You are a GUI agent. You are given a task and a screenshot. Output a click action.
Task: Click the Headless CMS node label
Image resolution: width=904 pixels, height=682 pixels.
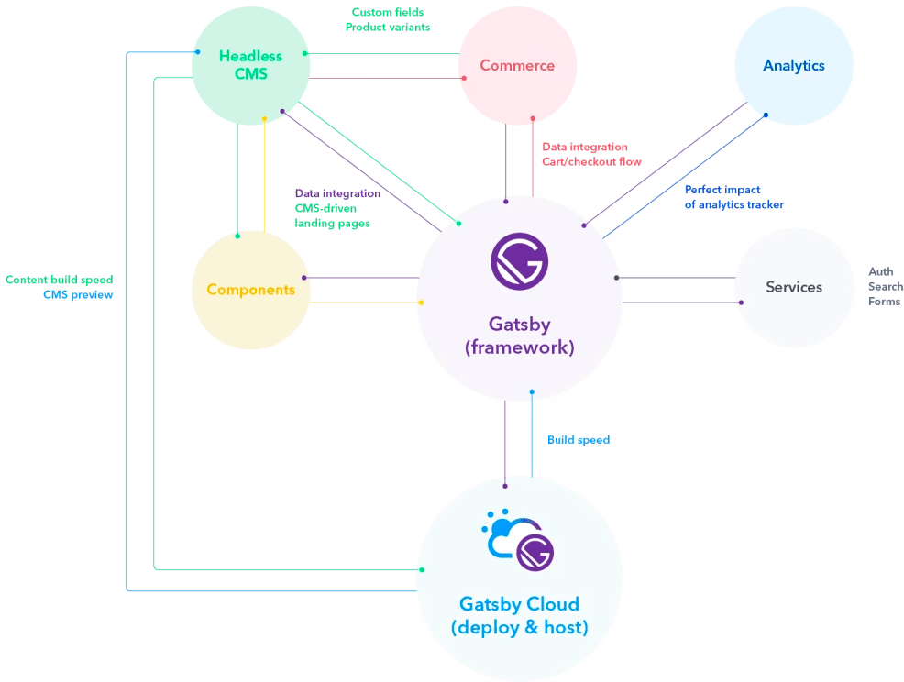(250, 65)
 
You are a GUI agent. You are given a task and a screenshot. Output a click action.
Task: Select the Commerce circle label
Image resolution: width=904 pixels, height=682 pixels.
(517, 65)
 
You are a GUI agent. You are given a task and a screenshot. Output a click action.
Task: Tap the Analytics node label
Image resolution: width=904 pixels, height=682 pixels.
(794, 65)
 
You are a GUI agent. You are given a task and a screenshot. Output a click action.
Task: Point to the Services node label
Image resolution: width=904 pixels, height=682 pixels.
(794, 287)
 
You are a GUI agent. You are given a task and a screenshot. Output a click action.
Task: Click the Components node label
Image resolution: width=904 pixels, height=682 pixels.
(250, 290)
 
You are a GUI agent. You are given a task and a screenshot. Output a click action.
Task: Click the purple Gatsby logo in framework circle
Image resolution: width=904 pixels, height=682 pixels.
(519, 261)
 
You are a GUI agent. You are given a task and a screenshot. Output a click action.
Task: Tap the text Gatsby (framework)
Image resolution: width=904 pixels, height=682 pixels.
(519, 335)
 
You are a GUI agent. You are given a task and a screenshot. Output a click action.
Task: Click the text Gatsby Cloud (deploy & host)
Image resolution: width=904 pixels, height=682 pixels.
(519, 616)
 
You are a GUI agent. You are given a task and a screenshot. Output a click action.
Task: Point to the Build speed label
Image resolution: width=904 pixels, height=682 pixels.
(579, 440)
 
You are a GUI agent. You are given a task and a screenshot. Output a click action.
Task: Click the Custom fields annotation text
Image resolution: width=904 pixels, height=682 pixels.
(387, 13)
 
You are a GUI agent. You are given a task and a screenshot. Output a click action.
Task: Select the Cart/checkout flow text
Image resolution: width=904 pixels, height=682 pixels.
(591, 162)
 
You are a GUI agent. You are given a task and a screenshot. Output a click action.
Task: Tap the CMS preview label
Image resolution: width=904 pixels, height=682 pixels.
(78, 294)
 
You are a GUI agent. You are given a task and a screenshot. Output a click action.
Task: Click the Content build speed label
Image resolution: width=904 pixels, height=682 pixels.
(59, 280)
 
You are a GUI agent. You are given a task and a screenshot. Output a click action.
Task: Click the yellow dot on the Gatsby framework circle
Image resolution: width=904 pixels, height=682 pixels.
(421, 302)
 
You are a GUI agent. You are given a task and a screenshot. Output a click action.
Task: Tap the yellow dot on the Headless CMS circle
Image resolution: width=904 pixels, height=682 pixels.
(264, 118)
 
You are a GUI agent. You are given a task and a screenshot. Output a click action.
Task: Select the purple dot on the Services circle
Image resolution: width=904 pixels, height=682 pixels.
(738, 302)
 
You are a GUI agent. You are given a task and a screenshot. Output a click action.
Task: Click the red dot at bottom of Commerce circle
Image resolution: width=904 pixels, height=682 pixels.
(533, 118)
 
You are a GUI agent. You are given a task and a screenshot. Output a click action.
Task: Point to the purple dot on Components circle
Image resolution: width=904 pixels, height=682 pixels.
(304, 277)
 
